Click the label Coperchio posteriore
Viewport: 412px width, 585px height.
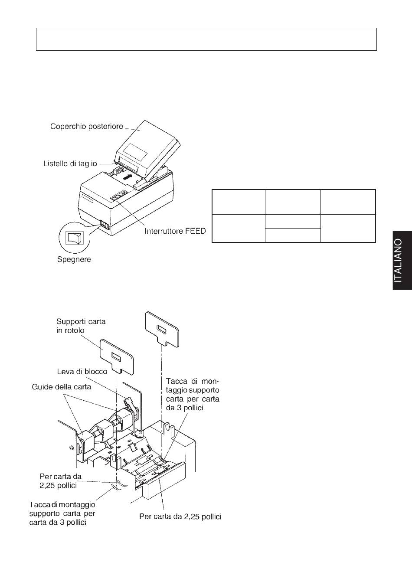[86, 126]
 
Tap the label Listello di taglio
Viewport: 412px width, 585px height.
[70, 164]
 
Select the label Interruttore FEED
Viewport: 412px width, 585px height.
[175, 231]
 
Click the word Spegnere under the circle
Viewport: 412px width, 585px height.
[74, 259]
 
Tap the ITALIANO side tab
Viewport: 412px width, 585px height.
[402, 260]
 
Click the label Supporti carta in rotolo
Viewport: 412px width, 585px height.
[81, 326]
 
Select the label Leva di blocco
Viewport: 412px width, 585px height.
[82, 371]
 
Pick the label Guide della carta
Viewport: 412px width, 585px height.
[62, 387]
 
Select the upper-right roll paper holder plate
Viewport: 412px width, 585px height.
[162, 329]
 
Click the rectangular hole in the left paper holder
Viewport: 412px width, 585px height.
[116, 357]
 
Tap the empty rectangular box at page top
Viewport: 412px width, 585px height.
[206, 39]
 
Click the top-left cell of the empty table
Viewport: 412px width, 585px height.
[238, 202]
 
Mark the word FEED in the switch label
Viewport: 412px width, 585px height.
[196, 231]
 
